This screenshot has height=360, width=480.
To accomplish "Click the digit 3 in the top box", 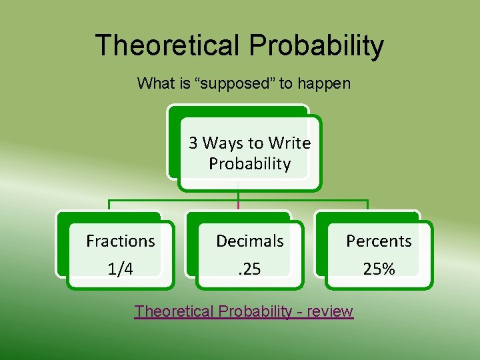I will click(193, 143).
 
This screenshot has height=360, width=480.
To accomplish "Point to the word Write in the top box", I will click(289, 143).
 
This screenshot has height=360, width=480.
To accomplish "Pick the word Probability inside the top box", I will click(249, 164).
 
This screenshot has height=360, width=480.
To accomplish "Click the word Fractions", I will click(121, 241).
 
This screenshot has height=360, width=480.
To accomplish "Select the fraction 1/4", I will click(120, 269).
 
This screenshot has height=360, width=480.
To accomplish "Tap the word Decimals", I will click(250, 241).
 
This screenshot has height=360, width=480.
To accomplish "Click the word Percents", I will click(379, 241).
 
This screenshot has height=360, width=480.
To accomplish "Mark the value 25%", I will click(379, 269).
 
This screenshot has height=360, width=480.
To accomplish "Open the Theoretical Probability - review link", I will click(243, 311).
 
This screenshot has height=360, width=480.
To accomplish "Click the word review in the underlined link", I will click(330, 311).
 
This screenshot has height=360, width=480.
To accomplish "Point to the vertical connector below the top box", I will click(239, 195).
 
